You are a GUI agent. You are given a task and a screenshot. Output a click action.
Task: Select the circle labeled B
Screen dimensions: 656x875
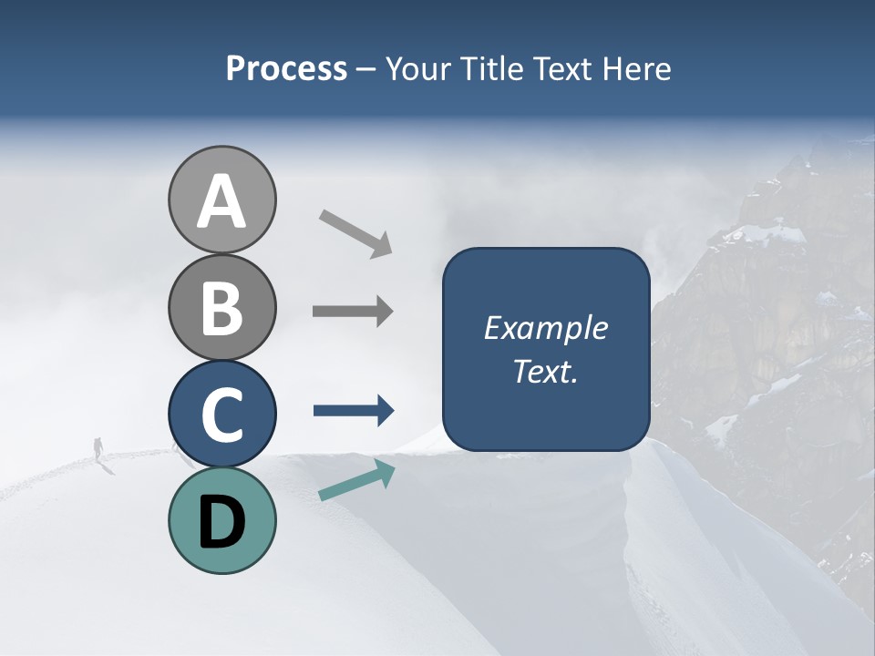click(x=221, y=308)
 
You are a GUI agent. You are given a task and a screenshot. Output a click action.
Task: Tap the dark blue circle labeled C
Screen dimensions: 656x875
click(x=221, y=414)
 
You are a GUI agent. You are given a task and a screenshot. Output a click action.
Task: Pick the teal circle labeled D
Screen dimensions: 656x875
click(x=221, y=520)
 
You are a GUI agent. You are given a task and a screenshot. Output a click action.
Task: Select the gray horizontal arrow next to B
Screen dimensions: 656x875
click(x=353, y=312)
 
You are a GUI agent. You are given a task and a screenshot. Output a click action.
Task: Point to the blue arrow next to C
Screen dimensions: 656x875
click(x=354, y=411)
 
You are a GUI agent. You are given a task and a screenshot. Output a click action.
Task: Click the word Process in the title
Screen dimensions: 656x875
click(x=286, y=69)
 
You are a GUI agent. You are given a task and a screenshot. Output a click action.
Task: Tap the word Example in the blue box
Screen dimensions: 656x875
click(x=545, y=328)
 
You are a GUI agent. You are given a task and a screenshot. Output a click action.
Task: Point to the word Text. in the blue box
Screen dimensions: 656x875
click(x=545, y=371)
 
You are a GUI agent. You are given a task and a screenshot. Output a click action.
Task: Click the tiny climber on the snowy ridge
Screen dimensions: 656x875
click(x=98, y=447)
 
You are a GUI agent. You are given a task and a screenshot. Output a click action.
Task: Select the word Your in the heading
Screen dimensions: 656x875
click(x=416, y=69)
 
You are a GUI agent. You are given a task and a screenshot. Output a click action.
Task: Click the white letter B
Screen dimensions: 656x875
click(x=221, y=308)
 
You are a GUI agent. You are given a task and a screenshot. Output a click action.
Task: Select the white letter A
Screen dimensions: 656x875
click(x=221, y=200)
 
